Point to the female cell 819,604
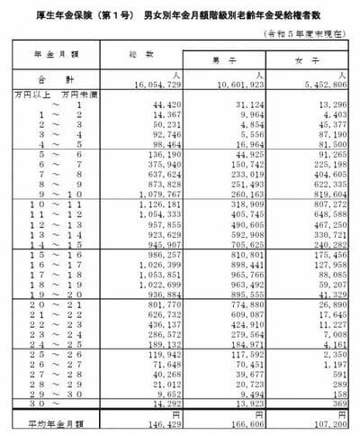[319, 192]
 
